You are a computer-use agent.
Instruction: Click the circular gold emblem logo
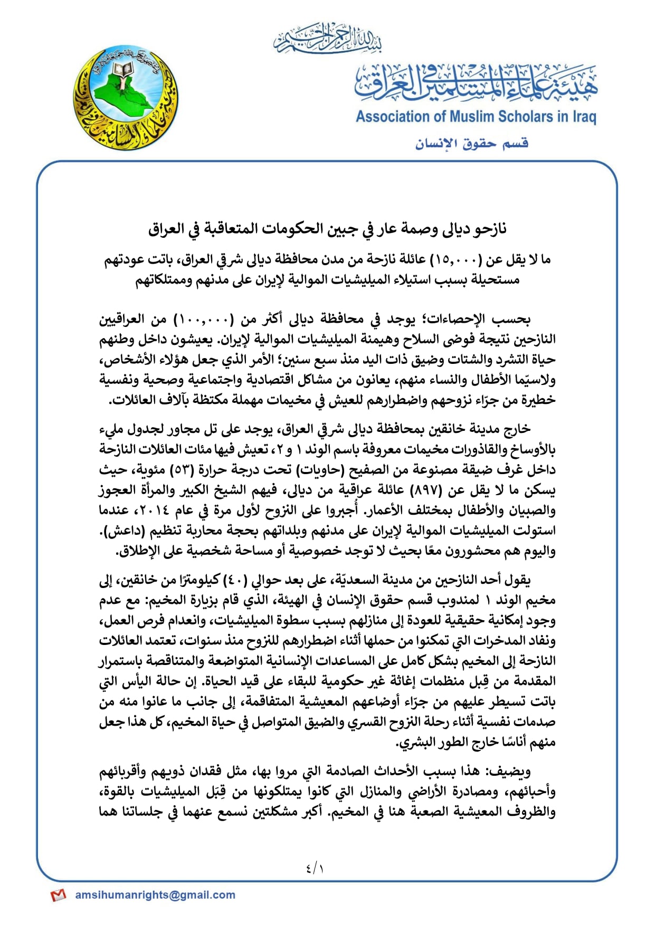(x=126, y=98)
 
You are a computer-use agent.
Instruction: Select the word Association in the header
(x=393, y=117)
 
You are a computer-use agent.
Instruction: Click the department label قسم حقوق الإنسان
(x=471, y=143)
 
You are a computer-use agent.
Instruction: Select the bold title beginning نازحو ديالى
(x=327, y=229)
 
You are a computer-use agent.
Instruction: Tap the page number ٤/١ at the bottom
(x=315, y=868)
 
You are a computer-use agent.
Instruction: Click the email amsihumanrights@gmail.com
(x=155, y=894)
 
